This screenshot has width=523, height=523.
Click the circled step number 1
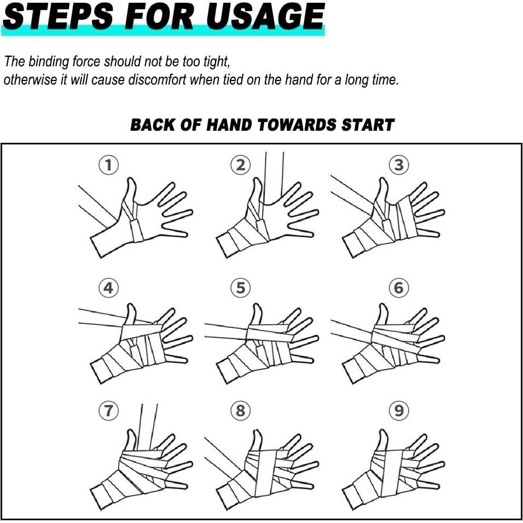click(x=108, y=165)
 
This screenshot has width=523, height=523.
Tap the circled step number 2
click(x=241, y=165)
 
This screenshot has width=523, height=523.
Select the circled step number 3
click(x=399, y=165)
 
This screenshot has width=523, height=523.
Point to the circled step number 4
click(x=108, y=288)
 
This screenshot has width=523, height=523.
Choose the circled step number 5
click(x=241, y=288)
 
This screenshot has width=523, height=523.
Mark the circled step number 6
click(x=399, y=288)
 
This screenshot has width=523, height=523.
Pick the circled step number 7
click(x=108, y=411)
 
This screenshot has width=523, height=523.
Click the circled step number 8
click(x=241, y=411)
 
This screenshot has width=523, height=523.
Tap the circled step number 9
click(x=399, y=411)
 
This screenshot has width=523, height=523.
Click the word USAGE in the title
click(x=265, y=16)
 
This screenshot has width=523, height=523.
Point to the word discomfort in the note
click(x=155, y=80)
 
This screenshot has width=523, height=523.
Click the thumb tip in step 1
click(x=131, y=181)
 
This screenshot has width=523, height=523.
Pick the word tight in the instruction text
click(x=218, y=62)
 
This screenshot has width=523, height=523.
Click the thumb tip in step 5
click(x=257, y=306)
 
